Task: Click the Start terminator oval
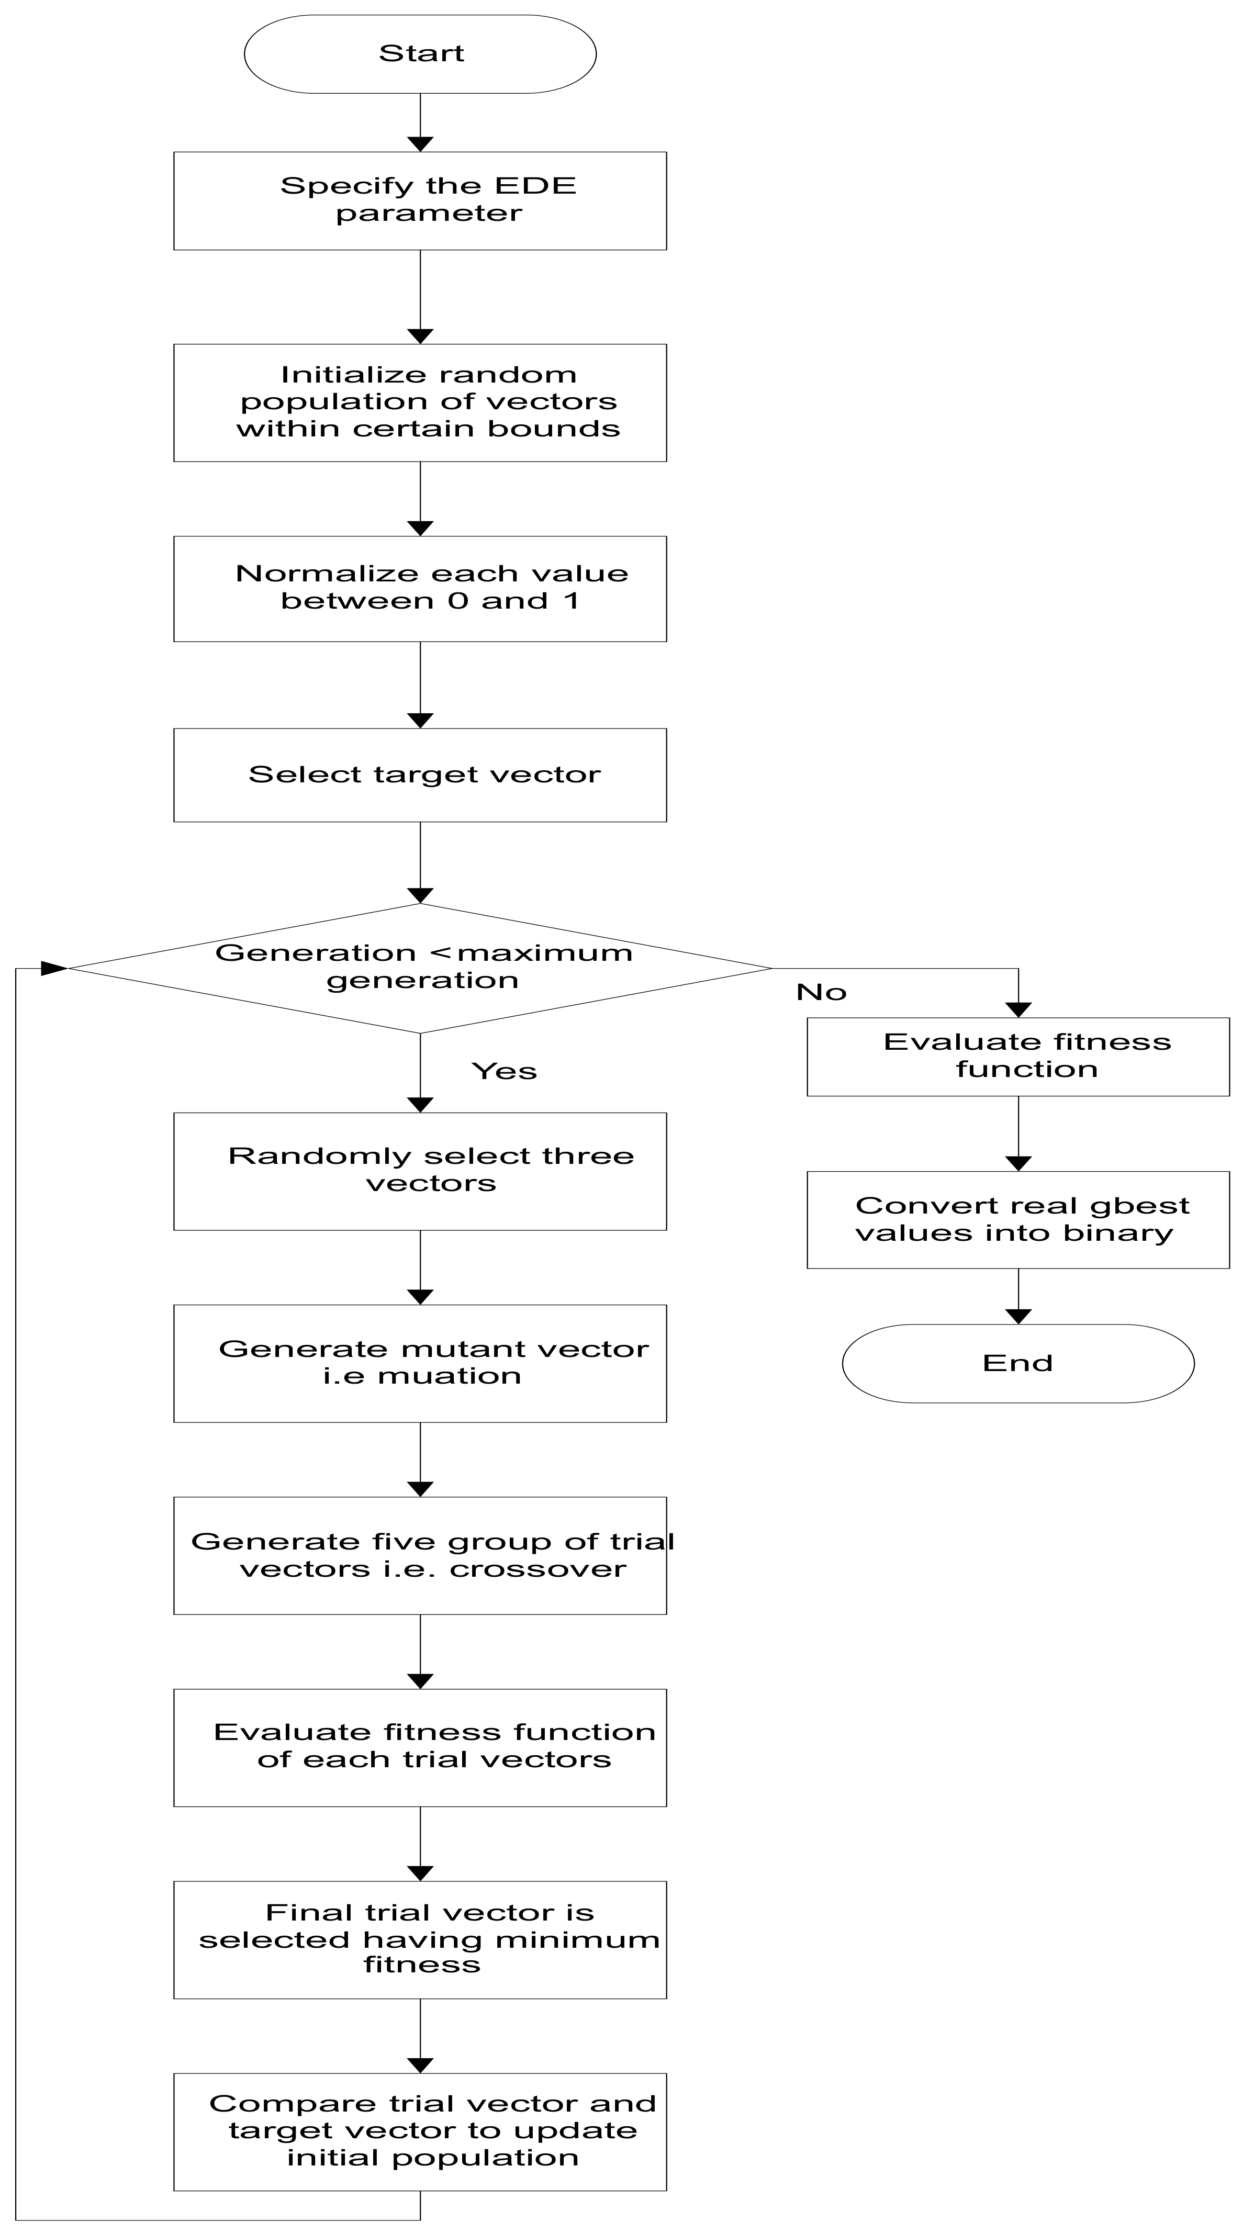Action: (420, 54)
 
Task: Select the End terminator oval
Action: (1017, 1362)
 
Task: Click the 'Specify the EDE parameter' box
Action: (420, 201)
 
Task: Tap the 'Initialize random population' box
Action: (420, 402)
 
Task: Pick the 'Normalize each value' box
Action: (420, 588)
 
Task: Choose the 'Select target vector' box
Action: (420, 774)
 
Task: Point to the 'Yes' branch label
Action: (504, 1071)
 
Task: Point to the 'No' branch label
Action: (821, 992)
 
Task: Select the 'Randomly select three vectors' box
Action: (420, 1171)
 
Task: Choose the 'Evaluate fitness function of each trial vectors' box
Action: (420, 1747)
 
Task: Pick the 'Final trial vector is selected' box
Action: (420, 1939)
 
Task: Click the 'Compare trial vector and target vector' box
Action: (420, 2131)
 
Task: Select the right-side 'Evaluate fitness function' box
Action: (1017, 1056)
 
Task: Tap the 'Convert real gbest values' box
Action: (1017, 1219)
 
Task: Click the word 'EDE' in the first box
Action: (535, 186)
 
